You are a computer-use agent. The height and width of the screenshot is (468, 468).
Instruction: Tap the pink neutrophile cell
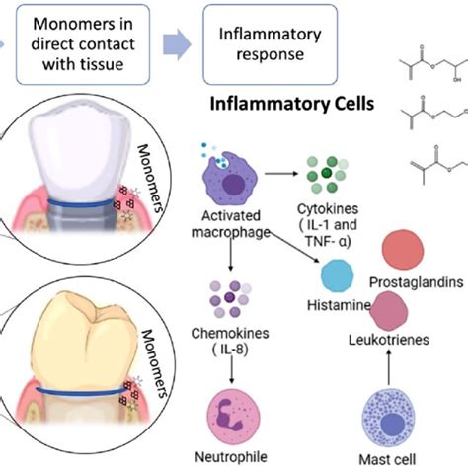coord(234,414)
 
